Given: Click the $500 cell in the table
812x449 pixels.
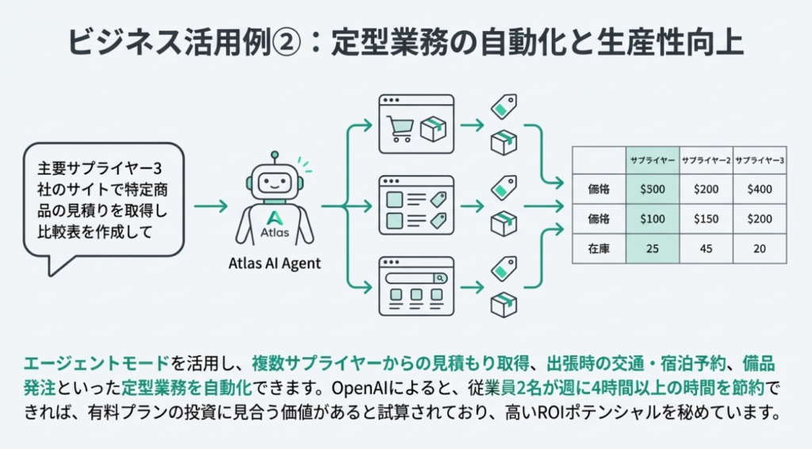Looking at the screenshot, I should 653,189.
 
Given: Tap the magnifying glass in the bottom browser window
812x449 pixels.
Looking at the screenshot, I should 439,278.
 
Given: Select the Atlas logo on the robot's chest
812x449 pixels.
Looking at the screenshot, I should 274,217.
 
